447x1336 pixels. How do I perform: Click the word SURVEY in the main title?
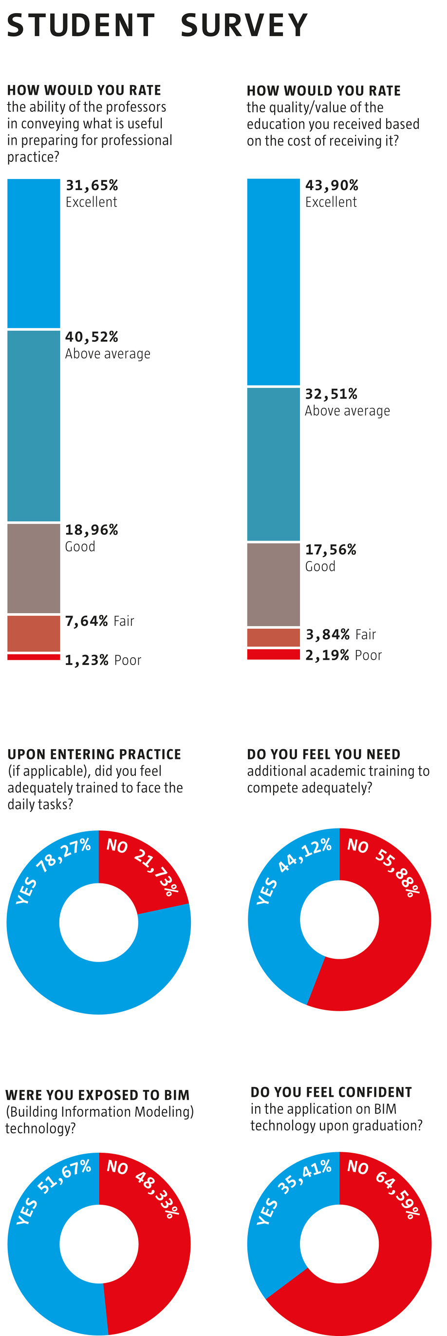click(244, 25)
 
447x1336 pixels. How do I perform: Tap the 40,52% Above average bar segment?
click(34, 425)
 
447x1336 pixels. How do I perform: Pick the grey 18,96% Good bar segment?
click(34, 568)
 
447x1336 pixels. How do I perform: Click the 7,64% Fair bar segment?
click(34, 633)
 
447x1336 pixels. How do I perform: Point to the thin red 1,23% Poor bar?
click(34, 657)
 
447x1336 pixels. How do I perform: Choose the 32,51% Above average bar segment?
click(273, 464)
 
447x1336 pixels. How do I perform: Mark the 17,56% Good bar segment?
click(273, 584)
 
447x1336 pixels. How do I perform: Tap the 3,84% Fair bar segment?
click(273, 637)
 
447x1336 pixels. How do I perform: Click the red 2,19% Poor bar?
click(273, 654)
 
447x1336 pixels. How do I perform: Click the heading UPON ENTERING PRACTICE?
click(94, 754)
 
